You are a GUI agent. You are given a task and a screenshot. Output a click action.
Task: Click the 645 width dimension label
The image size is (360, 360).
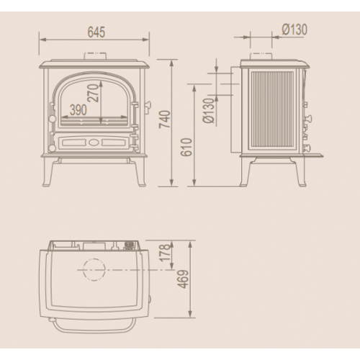coord(96,32)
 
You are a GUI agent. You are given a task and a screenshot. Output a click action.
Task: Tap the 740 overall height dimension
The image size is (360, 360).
coord(165,120)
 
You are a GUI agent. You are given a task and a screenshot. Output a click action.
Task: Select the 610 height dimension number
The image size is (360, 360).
coord(186,147)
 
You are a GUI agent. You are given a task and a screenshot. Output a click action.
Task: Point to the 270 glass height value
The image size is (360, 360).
coord(94,93)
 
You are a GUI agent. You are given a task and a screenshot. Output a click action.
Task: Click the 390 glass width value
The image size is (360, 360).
coord(78,110)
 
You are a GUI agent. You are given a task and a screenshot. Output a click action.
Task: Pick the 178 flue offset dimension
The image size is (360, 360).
coord(165,253)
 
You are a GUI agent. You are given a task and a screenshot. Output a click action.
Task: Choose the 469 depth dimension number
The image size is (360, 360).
coord(183,279)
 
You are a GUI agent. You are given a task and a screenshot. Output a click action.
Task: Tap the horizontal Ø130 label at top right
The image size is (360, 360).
coord(294,30)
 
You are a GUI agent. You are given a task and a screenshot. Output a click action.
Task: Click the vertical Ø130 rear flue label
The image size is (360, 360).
coord(208,110)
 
